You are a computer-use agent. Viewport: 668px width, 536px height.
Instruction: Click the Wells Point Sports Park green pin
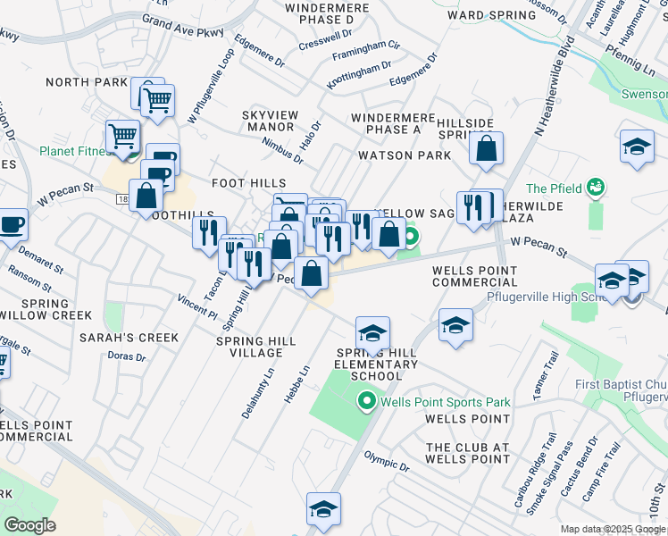pos(365,403)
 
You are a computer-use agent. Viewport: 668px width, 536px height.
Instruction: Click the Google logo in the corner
pos(29,525)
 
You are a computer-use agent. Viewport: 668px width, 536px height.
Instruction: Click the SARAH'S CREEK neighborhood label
pos(129,338)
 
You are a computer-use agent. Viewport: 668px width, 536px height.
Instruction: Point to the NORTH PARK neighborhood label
pos(87,82)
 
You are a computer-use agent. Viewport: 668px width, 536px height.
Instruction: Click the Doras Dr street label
pos(128,356)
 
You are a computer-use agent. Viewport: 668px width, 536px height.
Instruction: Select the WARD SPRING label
pos(483,15)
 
